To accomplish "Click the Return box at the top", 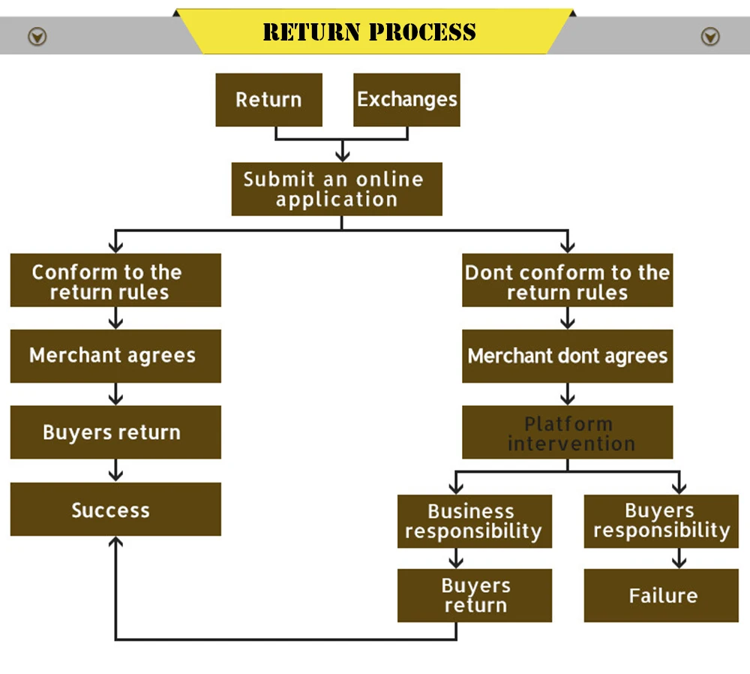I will tap(268, 100).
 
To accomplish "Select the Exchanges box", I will tap(406, 100).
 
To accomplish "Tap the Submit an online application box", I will tap(336, 189).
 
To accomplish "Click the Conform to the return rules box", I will tap(115, 280).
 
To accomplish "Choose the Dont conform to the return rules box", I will tap(567, 280).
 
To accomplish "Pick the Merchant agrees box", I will tap(115, 356).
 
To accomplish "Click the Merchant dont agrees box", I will tap(567, 356).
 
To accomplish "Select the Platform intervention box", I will tap(567, 432).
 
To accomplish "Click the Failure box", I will tap(661, 595).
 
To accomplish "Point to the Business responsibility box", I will tap(474, 521).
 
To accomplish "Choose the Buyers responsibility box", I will tap(661, 521).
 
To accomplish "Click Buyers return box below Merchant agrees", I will tap(115, 432).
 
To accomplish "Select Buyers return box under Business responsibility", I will tap(474, 595).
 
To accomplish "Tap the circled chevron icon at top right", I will tap(709, 36).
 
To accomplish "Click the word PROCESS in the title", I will tap(422, 32).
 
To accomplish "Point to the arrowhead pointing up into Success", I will tap(115, 543).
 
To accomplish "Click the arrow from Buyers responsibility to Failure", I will tap(679, 558).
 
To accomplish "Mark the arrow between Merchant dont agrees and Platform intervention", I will tap(568, 394).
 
